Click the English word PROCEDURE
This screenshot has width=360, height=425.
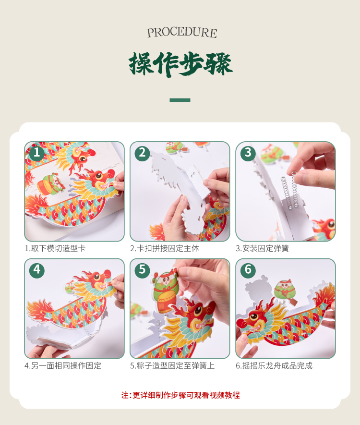[x=182, y=33]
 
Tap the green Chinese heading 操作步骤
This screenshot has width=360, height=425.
[x=180, y=64]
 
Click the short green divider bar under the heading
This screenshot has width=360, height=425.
[x=180, y=100]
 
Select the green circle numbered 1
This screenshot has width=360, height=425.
[x=36, y=153]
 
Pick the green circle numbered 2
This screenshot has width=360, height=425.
[x=142, y=153]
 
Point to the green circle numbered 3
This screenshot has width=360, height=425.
[x=248, y=153]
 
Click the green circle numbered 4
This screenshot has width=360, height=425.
[x=36, y=270]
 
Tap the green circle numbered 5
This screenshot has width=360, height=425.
[x=142, y=270]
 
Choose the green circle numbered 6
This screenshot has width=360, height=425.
[x=248, y=270]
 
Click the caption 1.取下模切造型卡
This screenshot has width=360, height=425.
[x=55, y=248]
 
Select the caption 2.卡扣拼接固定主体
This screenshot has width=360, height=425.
[x=165, y=248]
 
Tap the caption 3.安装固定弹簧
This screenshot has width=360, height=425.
[x=262, y=248]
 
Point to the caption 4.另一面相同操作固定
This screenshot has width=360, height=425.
[x=63, y=365]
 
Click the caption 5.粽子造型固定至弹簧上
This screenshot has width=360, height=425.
[x=172, y=365]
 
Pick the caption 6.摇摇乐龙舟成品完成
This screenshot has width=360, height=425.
[x=274, y=365]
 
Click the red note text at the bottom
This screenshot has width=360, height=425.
[x=180, y=395]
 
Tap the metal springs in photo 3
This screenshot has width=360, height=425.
[x=289, y=190]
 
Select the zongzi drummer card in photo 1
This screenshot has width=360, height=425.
[x=51, y=184]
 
